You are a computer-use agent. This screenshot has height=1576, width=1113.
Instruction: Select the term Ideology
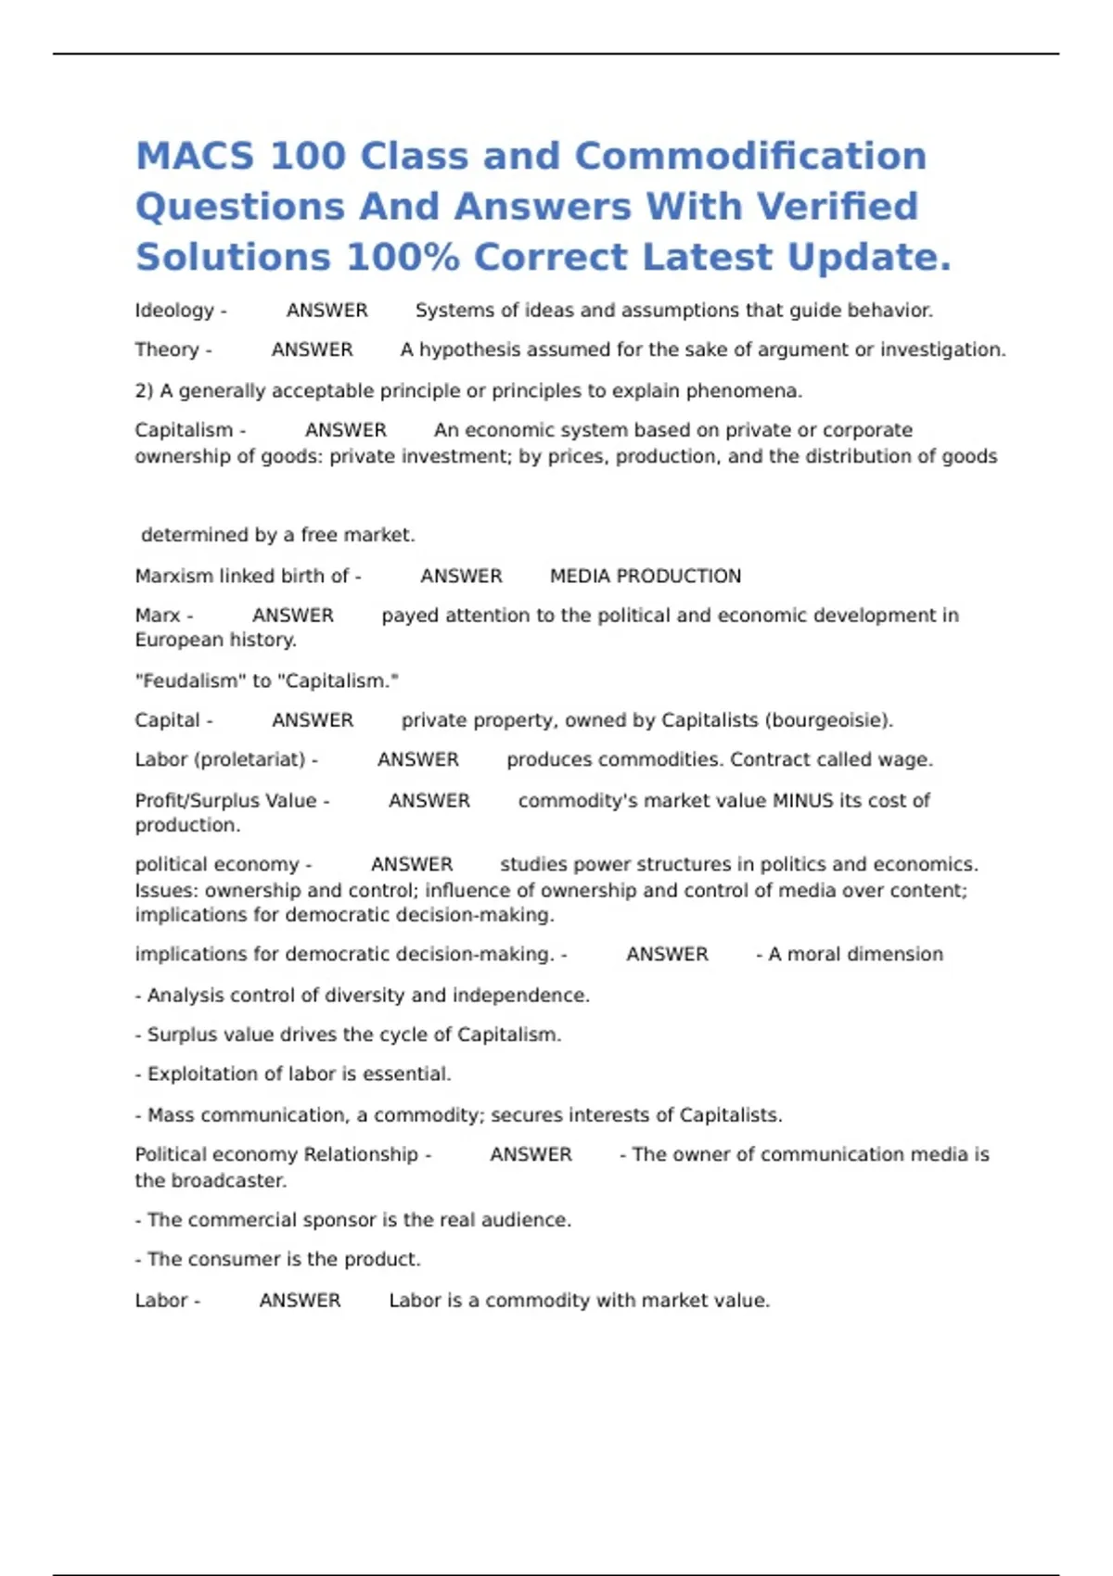(x=174, y=311)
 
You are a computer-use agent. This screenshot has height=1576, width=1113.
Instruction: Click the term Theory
(x=167, y=350)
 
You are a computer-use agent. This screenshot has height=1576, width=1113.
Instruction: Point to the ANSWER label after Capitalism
(x=345, y=430)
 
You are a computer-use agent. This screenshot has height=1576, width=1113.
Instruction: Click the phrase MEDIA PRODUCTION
(x=646, y=576)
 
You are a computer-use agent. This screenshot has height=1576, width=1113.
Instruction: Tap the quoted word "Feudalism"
(x=190, y=680)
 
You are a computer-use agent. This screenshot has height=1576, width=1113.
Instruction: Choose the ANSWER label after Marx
(x=293, y=616)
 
